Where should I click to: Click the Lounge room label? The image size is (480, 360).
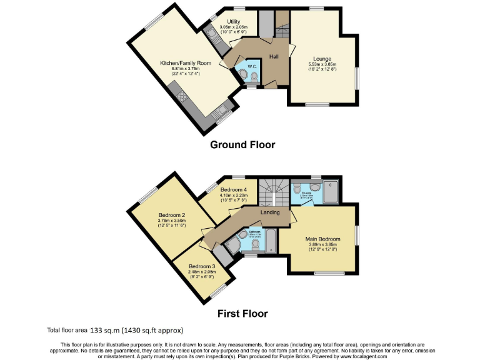[x=322, y=59]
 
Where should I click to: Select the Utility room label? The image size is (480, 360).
[x=234, y=22]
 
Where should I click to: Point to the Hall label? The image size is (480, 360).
[x=274, y=57]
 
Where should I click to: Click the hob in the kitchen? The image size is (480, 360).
[x=183, y=96]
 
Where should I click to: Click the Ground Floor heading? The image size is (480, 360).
[x=242, y=144]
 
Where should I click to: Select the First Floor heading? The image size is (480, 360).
[x=242, y=313]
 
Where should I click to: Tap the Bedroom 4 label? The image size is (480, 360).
[x=234, y=189]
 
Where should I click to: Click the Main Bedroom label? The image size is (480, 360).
[x=322, y=239]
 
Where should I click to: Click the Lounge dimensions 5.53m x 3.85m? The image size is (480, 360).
[x=322, y=64]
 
